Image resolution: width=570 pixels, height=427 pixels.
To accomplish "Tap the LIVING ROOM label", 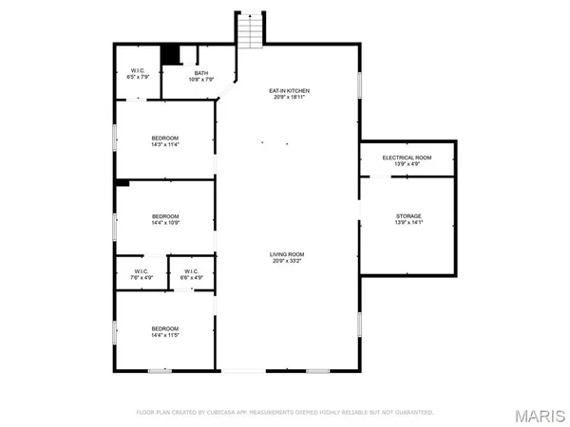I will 291,254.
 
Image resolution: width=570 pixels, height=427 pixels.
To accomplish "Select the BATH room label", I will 201,73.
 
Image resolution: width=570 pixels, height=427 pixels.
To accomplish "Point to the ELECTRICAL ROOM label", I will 408,158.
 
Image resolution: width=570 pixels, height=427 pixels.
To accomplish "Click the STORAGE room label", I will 408,216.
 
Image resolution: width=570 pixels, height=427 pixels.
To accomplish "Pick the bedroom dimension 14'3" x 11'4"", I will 165,145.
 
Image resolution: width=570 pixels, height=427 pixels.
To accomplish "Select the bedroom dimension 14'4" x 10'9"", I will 165,224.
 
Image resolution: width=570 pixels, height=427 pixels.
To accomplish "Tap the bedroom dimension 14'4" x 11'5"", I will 165,335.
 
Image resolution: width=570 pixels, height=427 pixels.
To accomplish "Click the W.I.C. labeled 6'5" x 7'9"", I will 137,78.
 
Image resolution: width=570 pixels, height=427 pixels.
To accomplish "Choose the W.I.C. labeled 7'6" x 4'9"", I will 142,278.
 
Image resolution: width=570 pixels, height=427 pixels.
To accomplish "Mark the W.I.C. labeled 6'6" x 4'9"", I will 192,278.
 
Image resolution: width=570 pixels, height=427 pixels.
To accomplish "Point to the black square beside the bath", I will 170,55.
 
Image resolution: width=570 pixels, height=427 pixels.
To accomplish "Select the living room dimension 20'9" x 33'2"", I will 291,261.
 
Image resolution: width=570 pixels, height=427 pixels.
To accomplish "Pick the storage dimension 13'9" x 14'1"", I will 408,223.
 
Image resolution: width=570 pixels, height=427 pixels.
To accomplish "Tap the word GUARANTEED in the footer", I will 414,413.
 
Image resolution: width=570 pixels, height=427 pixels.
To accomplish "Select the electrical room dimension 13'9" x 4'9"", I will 408,164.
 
